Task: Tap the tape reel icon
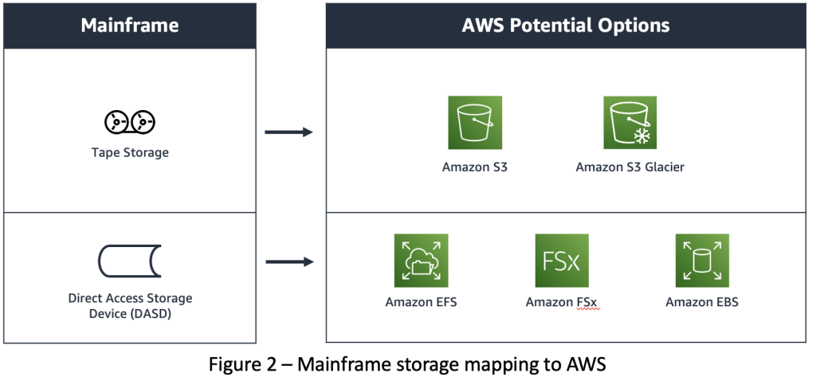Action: point(129,122)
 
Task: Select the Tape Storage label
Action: point(129,152)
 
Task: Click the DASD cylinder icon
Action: point(129,260)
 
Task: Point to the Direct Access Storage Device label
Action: point(129,305)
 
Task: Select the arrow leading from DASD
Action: point(288,261)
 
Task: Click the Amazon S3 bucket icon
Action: point(475,123)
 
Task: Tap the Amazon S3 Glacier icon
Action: point(630,123)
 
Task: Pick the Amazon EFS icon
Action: point(421,260)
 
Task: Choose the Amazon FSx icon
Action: point(562,260)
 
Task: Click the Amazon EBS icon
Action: point(702,260)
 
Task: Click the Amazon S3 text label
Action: point(475,167)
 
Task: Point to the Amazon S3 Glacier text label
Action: point(630,167)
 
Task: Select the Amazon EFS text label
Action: point(421,302)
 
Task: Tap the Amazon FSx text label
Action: point(562,302)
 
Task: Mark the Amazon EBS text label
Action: point(702,302)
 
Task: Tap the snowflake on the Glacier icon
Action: point(641,135)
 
